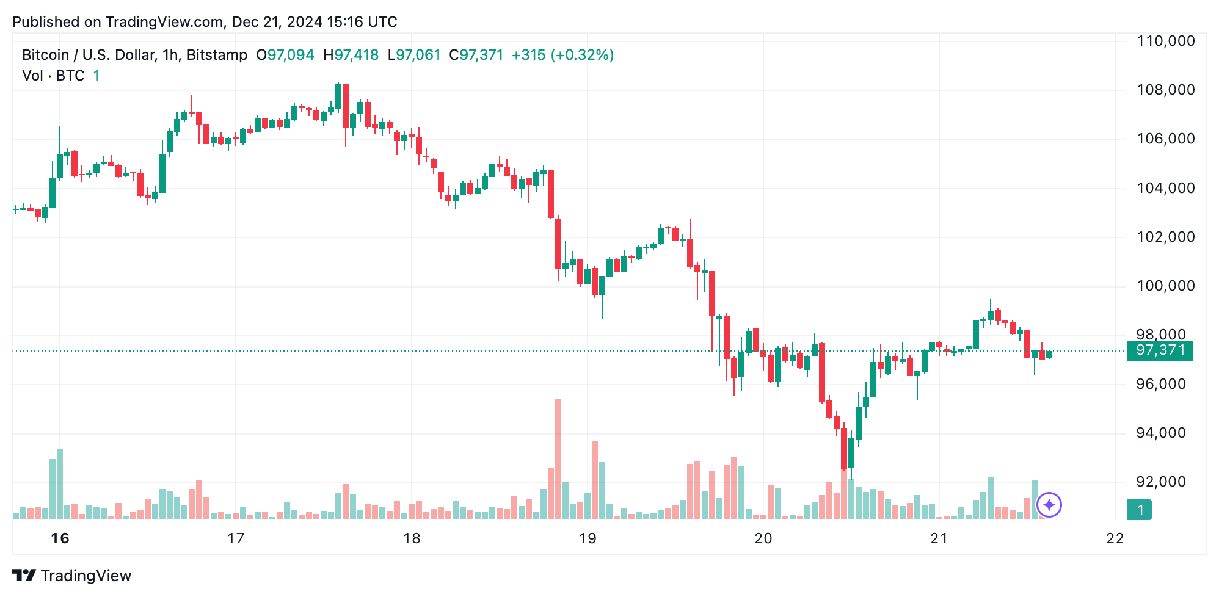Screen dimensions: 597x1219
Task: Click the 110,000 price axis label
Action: [1165, 42]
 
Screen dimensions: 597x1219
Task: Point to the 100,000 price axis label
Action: [1165, 286]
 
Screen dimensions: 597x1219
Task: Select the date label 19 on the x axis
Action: [588, 538]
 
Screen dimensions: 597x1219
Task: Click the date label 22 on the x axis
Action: [1115, 538]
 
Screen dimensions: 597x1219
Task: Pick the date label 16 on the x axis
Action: [60, 538]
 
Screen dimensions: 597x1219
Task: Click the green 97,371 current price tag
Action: [1160, 350]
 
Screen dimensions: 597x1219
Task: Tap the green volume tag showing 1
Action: [1140, 510]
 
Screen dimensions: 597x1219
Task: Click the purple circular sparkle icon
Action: [1049, 505]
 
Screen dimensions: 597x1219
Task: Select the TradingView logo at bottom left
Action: [72, 576]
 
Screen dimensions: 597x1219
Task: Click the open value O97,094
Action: [285, 55]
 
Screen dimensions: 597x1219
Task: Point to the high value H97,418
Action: [351, 55]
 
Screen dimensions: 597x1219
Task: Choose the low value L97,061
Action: [414, 55]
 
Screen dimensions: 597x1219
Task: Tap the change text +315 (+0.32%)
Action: [562, 55]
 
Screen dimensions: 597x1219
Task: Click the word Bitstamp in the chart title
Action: [217, 55]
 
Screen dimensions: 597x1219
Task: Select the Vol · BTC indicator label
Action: [54, 76]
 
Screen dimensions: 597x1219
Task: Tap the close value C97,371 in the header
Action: [476, 55]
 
